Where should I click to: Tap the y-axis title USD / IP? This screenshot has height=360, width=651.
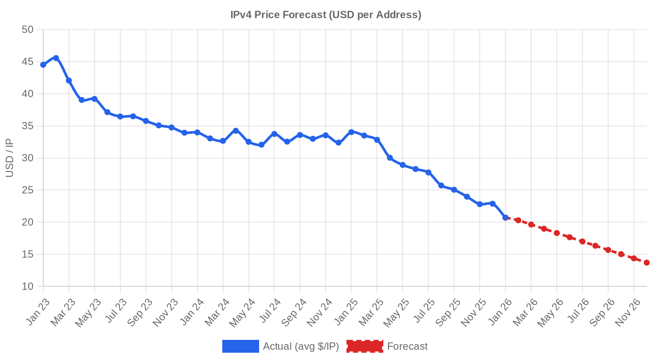[9, 158]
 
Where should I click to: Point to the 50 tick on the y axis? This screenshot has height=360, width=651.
[27, 30]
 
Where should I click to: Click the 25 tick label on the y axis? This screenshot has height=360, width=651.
[27, 190]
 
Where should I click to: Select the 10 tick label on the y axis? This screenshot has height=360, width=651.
[27, 286]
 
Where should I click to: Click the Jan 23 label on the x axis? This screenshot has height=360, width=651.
[38, 312]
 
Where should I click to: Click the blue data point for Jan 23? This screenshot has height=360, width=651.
[43, 65]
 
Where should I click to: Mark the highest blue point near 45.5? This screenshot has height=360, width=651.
[56, 58]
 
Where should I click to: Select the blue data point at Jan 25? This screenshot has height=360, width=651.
[351, 132]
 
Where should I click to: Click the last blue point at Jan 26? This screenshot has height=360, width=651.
[505, 218]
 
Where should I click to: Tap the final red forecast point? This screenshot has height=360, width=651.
[647, 263]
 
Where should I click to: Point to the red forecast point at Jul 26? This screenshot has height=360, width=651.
[582, 241]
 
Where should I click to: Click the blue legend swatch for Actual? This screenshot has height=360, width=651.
[241, 346]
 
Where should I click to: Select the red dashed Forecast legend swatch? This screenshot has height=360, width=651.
[365, 346]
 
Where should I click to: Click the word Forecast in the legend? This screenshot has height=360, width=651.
[407, 346]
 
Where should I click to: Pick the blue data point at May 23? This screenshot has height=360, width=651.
[95, 99]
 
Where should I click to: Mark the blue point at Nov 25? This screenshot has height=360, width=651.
[480, 204]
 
